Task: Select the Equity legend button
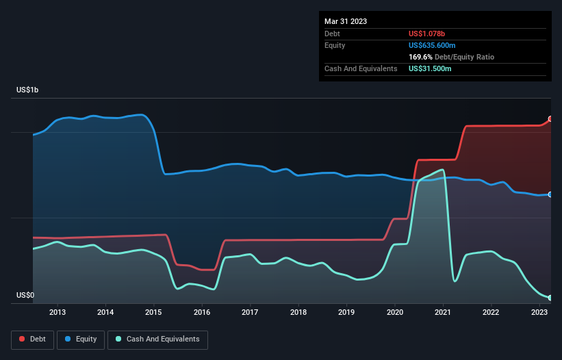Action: click(81, 339)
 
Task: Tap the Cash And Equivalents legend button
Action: click(157, 339)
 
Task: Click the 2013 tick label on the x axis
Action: click(58, 313)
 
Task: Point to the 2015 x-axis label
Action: click(154, 313)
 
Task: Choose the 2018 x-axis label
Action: click(298, 313)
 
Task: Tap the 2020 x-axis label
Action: click(395, 313)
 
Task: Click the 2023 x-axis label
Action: click(539, 313)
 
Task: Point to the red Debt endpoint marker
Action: click(550, 119)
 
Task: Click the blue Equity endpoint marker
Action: click(550, 194)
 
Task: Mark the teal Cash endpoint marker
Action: click(550, 298)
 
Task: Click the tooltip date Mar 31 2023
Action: click(346, 21)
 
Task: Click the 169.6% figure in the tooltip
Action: click(420, 57)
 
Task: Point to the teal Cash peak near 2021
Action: click(443, 170)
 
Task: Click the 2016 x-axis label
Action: click(202, 313)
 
